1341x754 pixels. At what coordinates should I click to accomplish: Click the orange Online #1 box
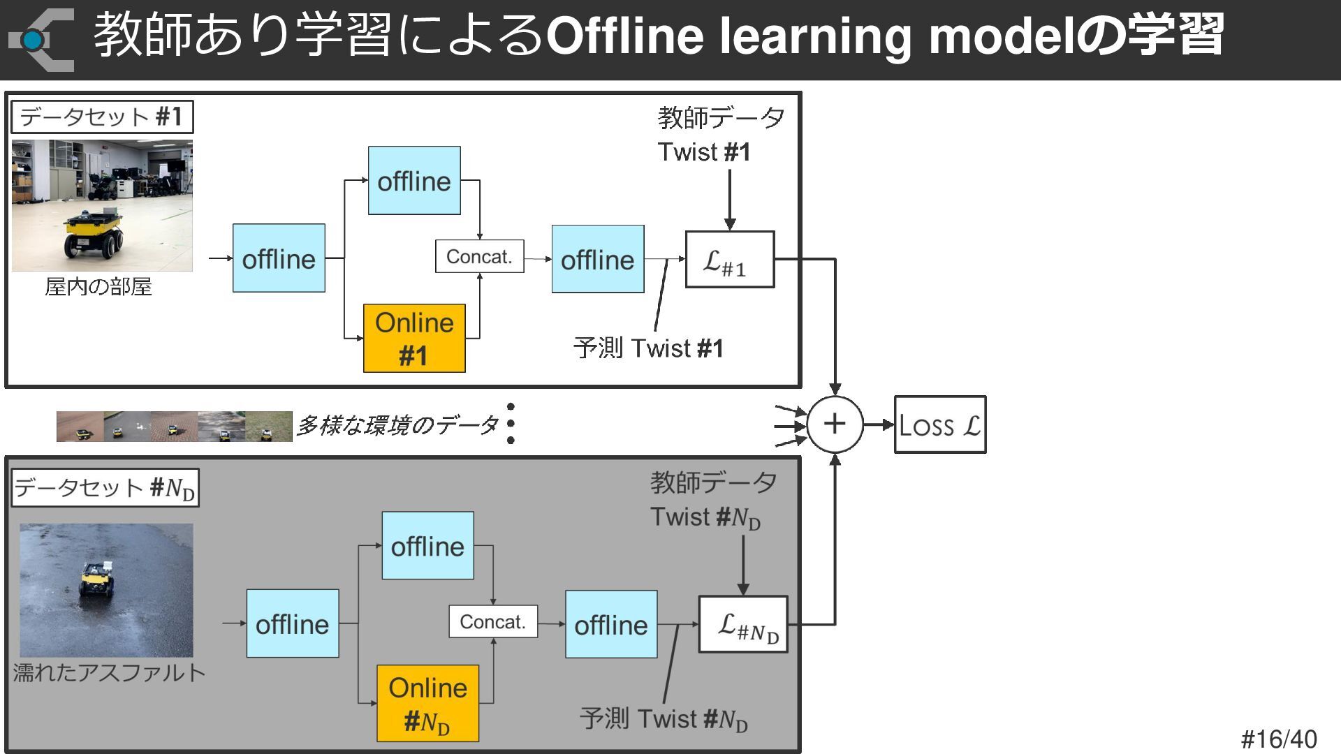(414, 338)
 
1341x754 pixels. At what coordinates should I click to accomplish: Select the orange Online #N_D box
(427, 703)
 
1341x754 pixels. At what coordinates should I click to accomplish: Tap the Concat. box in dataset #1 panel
(479, 256)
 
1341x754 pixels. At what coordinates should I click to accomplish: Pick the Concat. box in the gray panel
(493, 621)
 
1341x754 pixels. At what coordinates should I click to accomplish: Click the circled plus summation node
(835, 424)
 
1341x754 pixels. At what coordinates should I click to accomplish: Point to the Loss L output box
(940, 424)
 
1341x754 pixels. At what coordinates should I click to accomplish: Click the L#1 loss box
(730, 260)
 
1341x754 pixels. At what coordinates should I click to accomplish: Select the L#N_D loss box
(743, 625)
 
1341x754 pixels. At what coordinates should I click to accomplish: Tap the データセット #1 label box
(102, 117)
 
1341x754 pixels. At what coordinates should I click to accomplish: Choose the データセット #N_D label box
(105, 487)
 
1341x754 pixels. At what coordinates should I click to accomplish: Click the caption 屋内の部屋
(98, 287)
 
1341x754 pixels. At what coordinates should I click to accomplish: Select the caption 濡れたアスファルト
(109, 672)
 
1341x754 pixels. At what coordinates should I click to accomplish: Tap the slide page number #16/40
(1279, 739)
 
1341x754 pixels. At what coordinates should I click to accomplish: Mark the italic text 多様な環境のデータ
(397, 425)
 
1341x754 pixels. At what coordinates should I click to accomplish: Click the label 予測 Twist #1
(648, 348)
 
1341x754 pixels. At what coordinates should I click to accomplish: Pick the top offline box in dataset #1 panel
(414, 181)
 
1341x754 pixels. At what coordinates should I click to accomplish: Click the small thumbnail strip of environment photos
(174, 427)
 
